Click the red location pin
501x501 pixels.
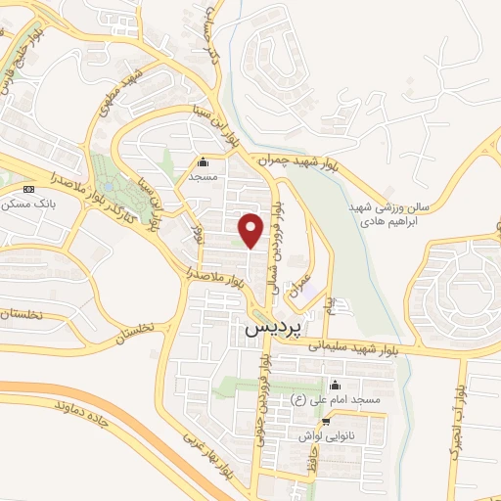[x=251, y=229]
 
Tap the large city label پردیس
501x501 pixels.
[x=268, y=330]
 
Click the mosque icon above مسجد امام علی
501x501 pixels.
[x=336, y=385]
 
